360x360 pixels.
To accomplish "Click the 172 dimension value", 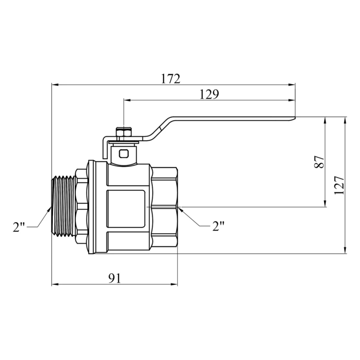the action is [171, 79].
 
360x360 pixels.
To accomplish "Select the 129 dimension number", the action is [209, 94].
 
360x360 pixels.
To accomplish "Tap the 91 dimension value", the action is [114, 279].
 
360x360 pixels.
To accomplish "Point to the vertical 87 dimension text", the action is [319, 162].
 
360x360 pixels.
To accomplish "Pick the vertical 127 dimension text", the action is [339, 186].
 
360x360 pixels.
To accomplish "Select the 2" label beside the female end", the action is [218, 226].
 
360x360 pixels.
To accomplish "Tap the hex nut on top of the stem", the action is [123, 133].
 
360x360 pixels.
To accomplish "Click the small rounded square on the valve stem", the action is [124, 153].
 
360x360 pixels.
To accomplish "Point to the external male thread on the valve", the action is [64, 206].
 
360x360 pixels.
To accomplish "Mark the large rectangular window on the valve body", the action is [126, 209].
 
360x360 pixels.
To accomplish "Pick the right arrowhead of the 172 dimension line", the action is [292, 85].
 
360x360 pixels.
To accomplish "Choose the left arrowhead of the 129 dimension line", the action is [127, 100].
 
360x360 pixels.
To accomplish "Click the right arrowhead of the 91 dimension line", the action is [174, 285].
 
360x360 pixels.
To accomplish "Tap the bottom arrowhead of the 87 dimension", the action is [325, 203].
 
